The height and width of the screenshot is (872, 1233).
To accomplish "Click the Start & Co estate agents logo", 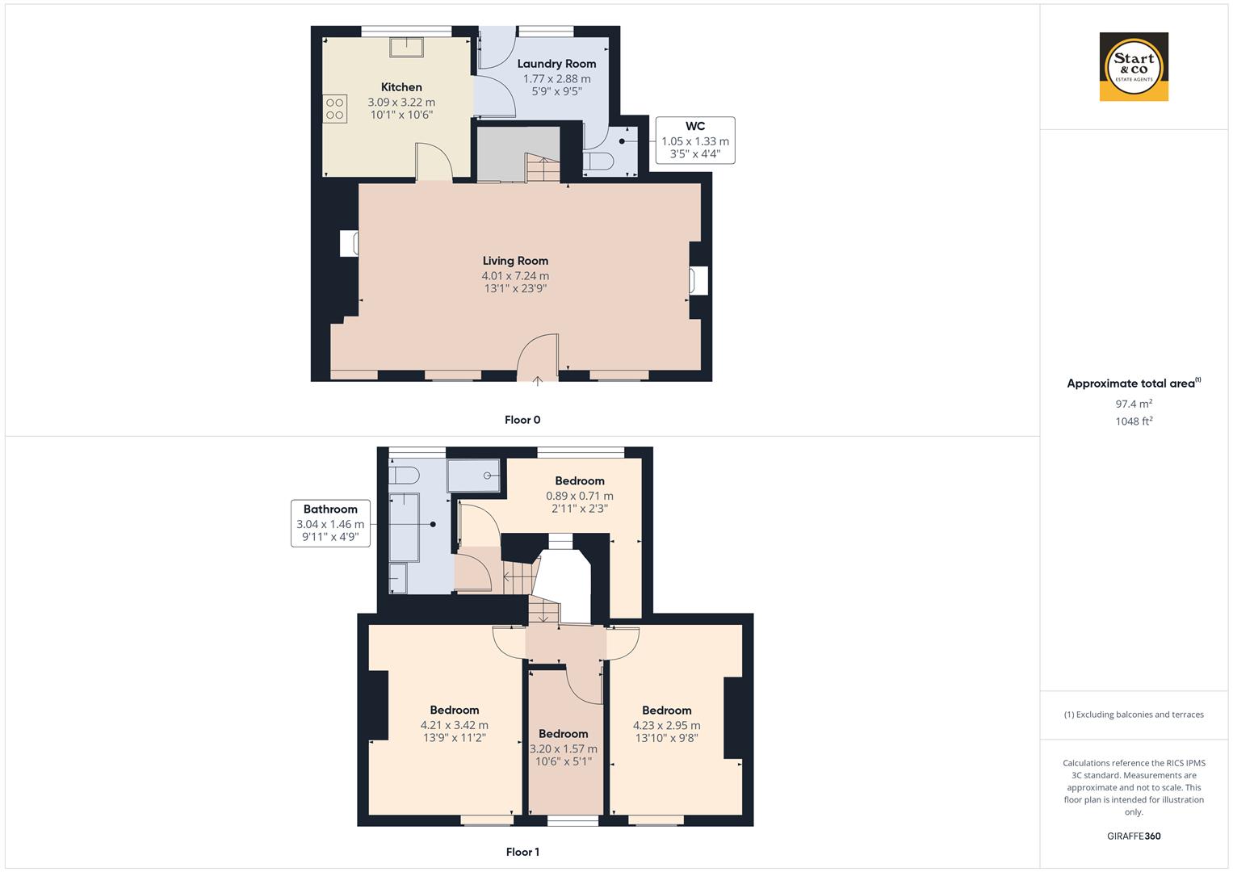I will pos(1134,66).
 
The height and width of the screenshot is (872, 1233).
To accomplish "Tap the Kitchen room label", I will pos(401,87).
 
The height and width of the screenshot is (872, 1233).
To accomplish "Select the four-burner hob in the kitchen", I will pos(335,109).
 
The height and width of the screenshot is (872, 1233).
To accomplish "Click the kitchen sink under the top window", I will pos(407,47).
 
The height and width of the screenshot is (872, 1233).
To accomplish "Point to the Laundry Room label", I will pos(556,64).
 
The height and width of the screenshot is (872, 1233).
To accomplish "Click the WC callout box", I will pos(694,140).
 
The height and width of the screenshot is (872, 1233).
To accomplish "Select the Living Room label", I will pos(515,261).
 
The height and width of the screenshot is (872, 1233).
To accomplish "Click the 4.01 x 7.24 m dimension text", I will pos(515,276).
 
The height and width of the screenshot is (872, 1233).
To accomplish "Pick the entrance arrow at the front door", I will pos(538,380).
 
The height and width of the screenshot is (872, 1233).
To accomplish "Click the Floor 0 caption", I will pos(522,420).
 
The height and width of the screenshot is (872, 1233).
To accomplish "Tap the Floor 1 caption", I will pos(522,852).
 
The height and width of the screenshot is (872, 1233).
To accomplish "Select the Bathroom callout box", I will pos(330,524).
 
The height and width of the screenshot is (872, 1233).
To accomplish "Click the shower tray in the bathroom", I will pos(474,476).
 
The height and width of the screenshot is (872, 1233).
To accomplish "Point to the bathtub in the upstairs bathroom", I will pos(405,526).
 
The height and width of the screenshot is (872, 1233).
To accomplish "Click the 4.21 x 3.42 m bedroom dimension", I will pos(454,725).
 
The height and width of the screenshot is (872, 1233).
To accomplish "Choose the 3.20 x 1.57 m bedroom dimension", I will pos(563,749).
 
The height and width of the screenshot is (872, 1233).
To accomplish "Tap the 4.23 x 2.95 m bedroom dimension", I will pos(666,725).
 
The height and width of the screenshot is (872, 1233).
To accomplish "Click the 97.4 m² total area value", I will pos(1134,404).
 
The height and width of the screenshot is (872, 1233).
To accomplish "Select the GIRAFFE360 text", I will pos(1134,836).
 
